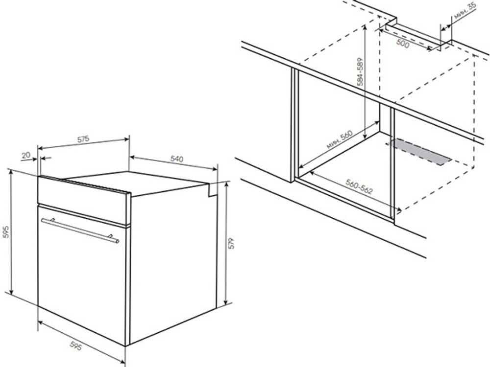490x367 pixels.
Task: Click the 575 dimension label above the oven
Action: tap(83, 139)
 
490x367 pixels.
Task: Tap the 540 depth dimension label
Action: tap(176, 159)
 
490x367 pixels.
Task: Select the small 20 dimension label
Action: tap(26, 155)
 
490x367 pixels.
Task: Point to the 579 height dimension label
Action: tap(231, 243)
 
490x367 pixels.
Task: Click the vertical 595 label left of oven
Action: tap(5, 232)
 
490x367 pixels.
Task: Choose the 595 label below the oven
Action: tap(75, 346)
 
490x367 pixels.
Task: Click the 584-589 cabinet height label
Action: tap(360, 72)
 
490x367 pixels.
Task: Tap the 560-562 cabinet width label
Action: tap(359, 186)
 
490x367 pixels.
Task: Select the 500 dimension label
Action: tap(402, 44)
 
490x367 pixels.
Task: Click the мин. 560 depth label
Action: tap(340, 139)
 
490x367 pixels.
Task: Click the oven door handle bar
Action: tap(80, 230)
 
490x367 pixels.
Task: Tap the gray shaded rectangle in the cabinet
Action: tap(419, 152)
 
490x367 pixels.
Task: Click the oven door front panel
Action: tap(82, 275)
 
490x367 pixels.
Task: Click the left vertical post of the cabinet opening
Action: tap(293, 125)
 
